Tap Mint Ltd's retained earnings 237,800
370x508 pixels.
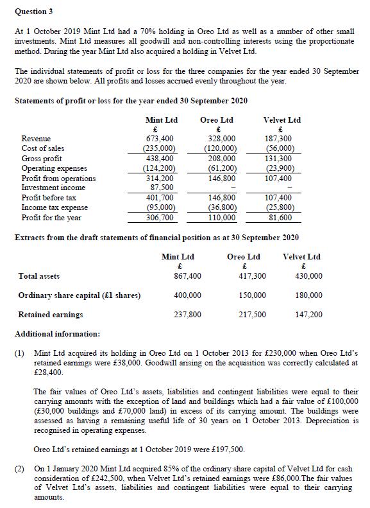tap(187, 315)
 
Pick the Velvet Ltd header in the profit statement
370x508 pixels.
tap(282, 119)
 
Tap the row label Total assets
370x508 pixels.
tap(39, 276)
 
